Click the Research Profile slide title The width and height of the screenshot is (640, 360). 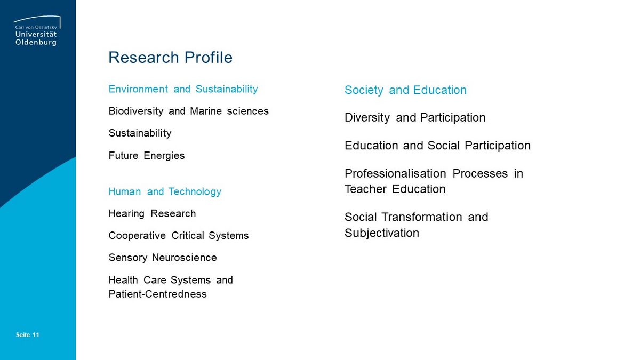coord(170,58)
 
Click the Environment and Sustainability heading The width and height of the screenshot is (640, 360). coord(183,89)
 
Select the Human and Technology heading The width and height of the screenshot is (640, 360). coord(165,191)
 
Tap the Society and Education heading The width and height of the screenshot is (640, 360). coord(405,90)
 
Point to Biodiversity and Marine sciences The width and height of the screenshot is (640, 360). coord(189,111)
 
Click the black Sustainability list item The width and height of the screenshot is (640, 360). coord(140,133)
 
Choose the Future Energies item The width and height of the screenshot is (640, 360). coord(147,156)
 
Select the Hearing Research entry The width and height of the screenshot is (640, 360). coord(153,214)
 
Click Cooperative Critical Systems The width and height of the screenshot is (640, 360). coord(179,236)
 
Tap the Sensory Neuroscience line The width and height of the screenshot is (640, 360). coord(163,258)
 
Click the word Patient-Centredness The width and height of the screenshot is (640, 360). coord(157,294)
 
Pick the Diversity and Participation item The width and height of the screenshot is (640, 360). coord(415,118)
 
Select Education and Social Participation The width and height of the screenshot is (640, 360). coord(437,146)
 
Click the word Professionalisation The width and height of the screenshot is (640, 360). coord(395,174)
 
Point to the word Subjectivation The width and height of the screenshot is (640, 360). coord(382,233)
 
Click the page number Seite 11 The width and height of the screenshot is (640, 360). coord(27,335)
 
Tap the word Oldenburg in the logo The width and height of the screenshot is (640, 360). coord(36,42)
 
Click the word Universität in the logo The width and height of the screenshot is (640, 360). coord(36,34)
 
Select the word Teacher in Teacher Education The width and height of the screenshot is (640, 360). coord(365,189)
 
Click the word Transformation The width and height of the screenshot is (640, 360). coord(421,217)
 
